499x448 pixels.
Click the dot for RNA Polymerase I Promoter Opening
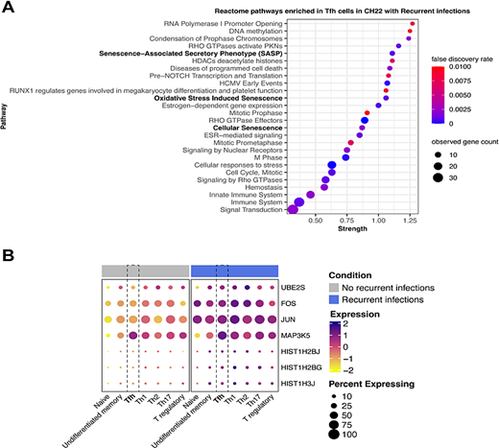point(413,23)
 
